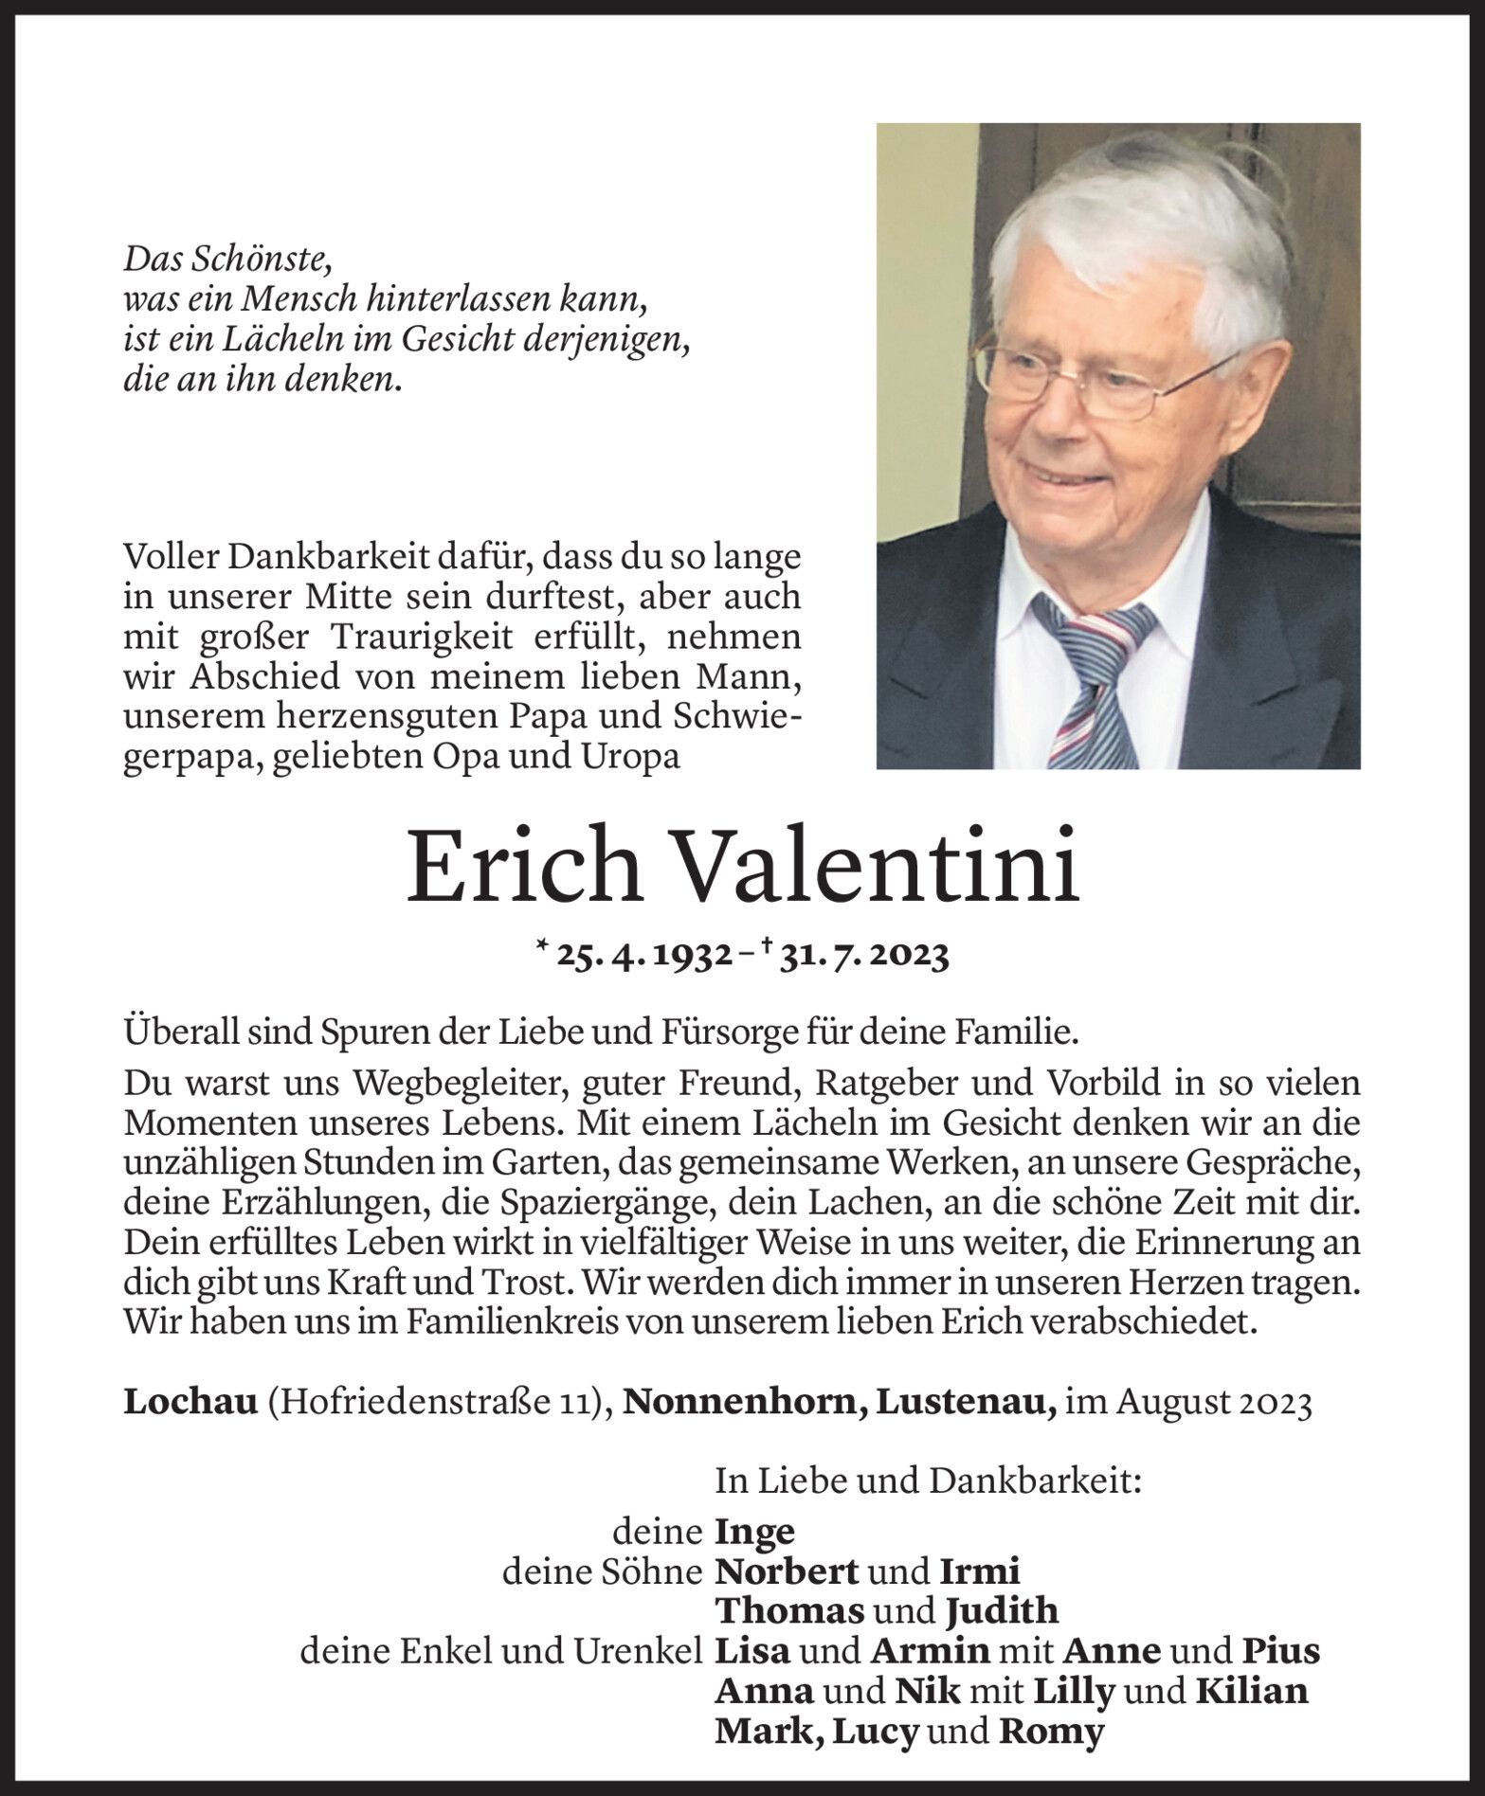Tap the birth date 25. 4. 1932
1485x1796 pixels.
coord(644,957)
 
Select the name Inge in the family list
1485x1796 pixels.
coord(754,1532)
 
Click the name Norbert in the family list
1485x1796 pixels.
coord(787,1571)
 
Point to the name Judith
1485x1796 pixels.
coord(1001,1611)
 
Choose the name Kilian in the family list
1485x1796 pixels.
coord(1251,1691)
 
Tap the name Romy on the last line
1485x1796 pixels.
coord(1052,1732)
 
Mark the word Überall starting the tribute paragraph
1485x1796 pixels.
coord(179,1032)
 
